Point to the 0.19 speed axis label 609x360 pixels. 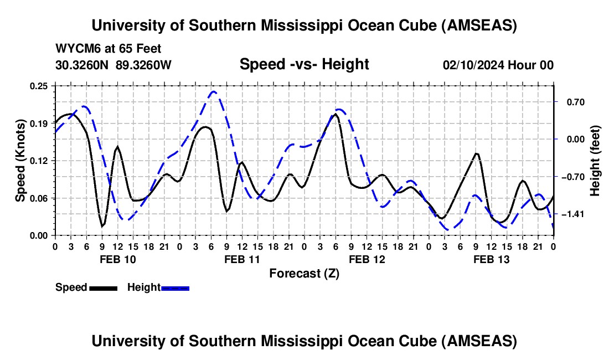tap(40, 123)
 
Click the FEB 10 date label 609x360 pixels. tap(117, 259)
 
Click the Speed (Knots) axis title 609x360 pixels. tap(20, 161)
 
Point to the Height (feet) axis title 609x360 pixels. tap(595, 161)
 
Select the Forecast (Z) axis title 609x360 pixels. tap(304, 273)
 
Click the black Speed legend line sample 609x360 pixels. tap(103, 287)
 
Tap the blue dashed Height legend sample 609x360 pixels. tap(176, 287)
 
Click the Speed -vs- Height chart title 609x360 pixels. tap(304, 64)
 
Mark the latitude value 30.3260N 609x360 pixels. tap(83, 65)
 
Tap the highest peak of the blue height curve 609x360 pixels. tap(214, 91)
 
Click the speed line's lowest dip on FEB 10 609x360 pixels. tap(102, 226)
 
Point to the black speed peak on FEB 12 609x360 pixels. tap(336, 114)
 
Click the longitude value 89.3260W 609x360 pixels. tap(144, 65)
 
